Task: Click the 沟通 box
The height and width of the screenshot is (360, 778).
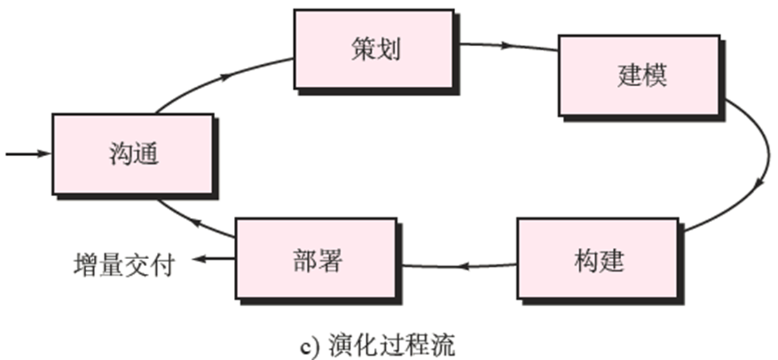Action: coord(133,153)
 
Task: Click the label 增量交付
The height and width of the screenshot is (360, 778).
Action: coord(123,265)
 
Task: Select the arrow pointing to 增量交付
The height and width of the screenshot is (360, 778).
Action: coord(214,260)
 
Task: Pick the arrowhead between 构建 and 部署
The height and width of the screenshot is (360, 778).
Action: coord(463,266)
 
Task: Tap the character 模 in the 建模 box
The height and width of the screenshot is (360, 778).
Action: coord(655,75)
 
